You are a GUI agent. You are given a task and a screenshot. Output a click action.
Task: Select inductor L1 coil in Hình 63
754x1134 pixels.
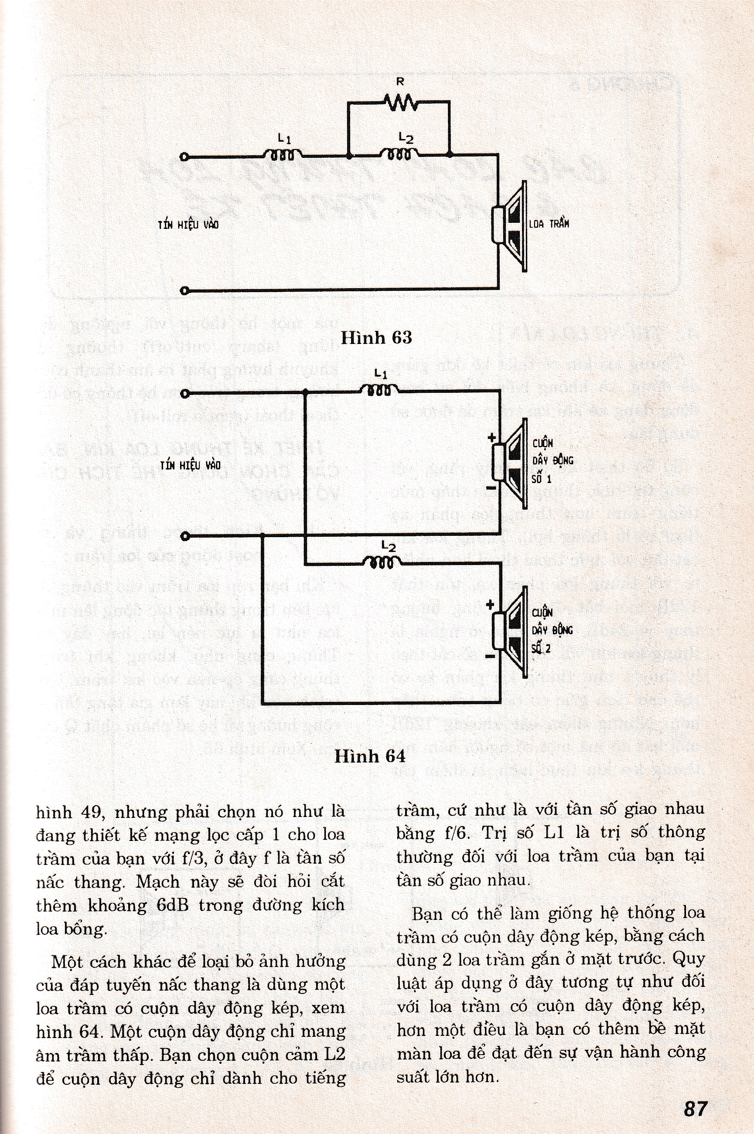click(284, 155)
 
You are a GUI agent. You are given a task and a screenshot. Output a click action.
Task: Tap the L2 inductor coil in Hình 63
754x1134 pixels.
click(399, 155)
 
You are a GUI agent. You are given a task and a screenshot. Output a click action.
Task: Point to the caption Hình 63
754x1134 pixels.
click(376, 338)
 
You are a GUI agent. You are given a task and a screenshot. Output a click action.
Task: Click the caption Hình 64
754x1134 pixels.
click(370, 756)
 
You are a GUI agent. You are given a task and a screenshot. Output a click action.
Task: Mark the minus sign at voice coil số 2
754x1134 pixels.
click(490, 656)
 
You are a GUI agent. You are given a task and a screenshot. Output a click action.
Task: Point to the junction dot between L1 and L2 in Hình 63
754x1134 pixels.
click(348, 156)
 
